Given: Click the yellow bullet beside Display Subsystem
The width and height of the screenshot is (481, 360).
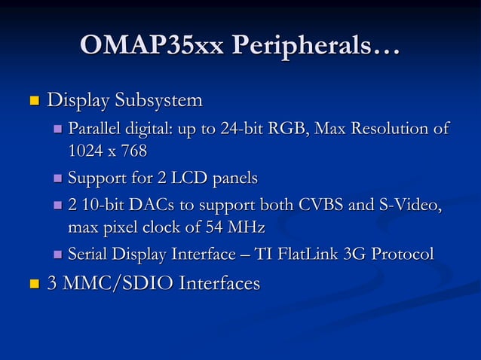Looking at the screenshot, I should tap(32, 101).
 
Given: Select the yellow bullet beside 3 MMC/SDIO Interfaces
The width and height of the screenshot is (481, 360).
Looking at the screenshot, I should tap(32, 285).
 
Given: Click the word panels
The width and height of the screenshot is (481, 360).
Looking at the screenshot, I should tap(235, 179).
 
